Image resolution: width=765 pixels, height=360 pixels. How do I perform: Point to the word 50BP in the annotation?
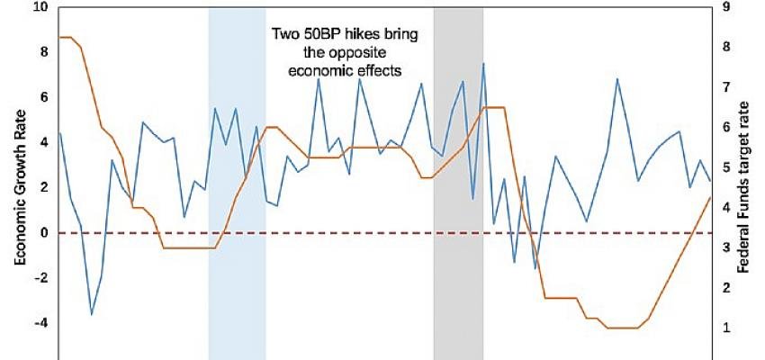tap(326, 34)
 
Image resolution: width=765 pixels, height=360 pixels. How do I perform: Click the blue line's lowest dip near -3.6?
tap(91, 314)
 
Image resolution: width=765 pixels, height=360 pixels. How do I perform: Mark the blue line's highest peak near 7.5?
tap(483, 64)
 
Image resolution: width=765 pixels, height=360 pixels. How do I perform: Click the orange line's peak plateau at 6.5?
tap(494, 107)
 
